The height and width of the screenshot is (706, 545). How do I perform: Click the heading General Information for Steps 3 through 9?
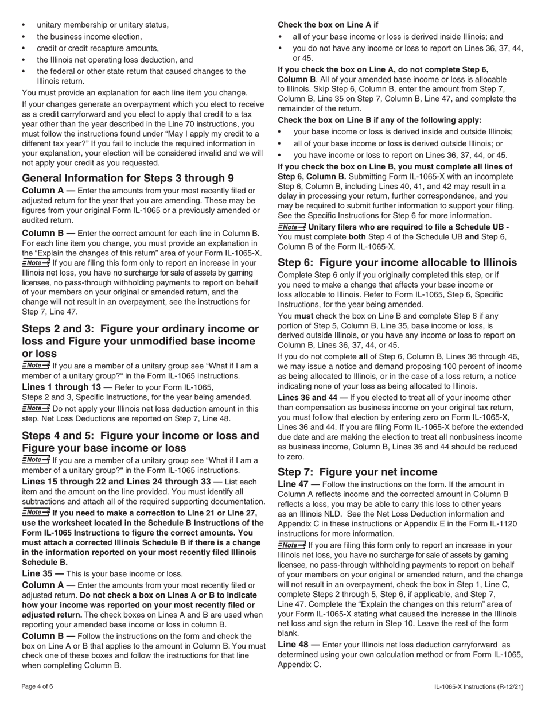click(127, 178)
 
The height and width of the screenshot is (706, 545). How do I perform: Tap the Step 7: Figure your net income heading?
click(357, 472)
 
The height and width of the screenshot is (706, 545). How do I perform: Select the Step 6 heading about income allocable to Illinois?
click(397, 262)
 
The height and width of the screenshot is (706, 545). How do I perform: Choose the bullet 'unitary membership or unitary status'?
click(103, 25)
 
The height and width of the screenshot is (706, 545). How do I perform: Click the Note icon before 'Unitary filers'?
click(291, 227)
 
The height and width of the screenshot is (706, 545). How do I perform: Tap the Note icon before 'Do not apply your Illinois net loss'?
click(36, 409)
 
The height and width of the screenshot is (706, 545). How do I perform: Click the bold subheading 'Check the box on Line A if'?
click(328, 25)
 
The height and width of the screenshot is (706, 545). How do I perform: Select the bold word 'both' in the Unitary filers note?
click(358, 236)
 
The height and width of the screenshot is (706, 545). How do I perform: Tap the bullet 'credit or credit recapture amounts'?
click(98, 48)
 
